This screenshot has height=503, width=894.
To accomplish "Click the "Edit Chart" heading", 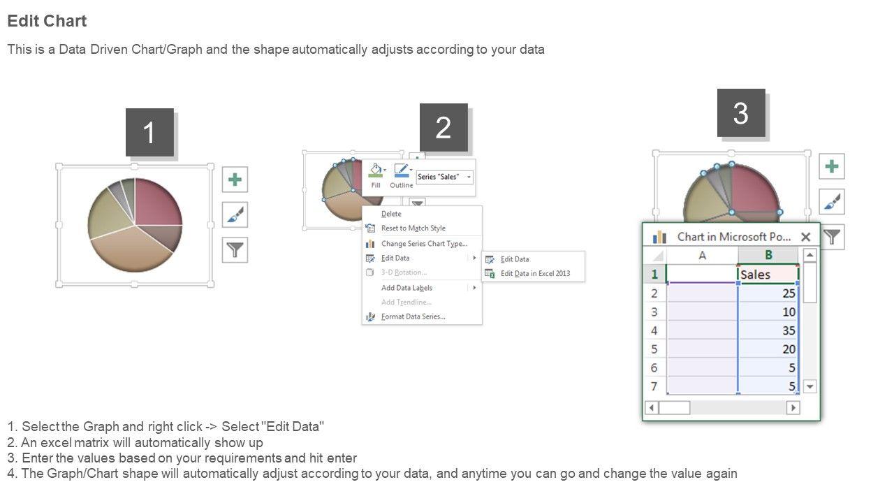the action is pyautogui.click(x=47, y=21).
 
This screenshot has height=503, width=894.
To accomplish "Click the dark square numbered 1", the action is pyautogui.click(x=149, y=132).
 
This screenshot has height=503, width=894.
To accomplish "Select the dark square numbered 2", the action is pyautogui.click(x=444, y=127).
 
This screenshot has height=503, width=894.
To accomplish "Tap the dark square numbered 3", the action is pyautogui.click(x=741, y=113).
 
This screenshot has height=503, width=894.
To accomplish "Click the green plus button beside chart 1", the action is pyautogui.click(x=235, y=180).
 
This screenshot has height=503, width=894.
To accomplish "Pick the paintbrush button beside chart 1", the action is pyautogui.click(x=235, y=214).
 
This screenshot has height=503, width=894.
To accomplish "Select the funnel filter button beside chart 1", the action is pyautogui.click(x=235, y=250).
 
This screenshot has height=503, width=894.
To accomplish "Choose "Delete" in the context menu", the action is pyautogui.click(x=391, y=214).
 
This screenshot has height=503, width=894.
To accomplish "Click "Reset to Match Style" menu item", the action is pyautogui.click(x=413, y=228).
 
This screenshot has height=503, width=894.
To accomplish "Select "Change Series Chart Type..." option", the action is pyautogui.click(x=424, y=244).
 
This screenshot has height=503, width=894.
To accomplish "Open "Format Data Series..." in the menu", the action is pyautogui.click(x=413, y=316).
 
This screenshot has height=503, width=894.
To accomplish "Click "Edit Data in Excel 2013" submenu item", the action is pyautogui.click(x=535, y=273).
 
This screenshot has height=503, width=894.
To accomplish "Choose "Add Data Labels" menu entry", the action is pyautogui.click(x=406, y=288).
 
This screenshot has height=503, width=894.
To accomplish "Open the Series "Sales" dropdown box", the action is pyautogui.click(x=445, y=177).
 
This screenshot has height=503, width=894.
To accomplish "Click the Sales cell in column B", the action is pyautogui.click(x=768, y=275).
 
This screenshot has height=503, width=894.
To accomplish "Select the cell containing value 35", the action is pyautogui.click(x=768, y=330).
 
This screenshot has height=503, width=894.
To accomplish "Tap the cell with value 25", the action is pyautogui.click(x=768, y=293).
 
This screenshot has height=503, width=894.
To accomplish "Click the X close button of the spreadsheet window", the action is pyautogui.click(x=806, y=237).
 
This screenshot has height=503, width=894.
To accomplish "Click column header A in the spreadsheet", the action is pyautogui.click(x=702, y=256).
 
